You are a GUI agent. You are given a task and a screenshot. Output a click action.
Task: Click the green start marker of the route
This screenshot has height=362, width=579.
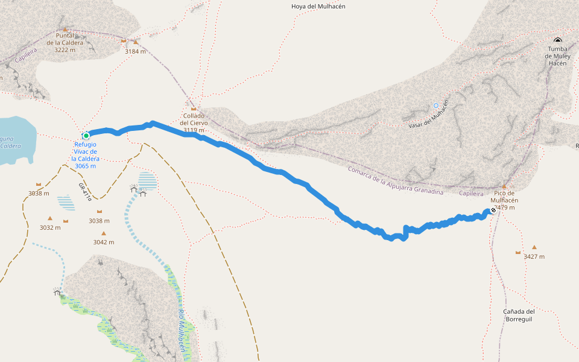pos(86,135)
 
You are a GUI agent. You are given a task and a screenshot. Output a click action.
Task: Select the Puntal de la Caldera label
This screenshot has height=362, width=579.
pos(65,43)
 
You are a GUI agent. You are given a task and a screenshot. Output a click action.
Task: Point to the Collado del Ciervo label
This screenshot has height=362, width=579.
pos(194,122)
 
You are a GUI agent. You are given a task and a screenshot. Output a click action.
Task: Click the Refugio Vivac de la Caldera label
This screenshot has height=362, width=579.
pos(85,155)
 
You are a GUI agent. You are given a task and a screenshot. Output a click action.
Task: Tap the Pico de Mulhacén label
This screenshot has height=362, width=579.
pos(504,200)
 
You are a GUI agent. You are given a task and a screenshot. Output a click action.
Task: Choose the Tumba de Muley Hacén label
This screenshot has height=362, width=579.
pos(557,56)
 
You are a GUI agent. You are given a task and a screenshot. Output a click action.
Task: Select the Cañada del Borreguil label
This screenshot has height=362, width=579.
pos(519,315)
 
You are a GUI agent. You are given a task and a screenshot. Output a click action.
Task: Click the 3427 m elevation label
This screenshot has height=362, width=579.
pos(534,256)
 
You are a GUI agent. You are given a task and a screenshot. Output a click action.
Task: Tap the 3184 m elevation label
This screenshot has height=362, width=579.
pos(136,51)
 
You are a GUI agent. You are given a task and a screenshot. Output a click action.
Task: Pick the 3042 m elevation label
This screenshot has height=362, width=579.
pos(104,242)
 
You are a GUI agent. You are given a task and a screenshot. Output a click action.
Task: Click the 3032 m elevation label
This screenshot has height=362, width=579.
pos(49,227)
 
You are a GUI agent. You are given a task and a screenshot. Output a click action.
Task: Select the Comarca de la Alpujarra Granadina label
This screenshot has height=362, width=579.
pos(395,180)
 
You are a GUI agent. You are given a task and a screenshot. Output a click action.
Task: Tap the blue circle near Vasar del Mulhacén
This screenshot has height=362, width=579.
pos(436,106)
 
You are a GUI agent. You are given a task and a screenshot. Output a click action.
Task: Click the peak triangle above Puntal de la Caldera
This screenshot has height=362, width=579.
pos(65,29)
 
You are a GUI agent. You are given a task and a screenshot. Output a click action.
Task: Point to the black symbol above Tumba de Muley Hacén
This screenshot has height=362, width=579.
pos(557,40)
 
